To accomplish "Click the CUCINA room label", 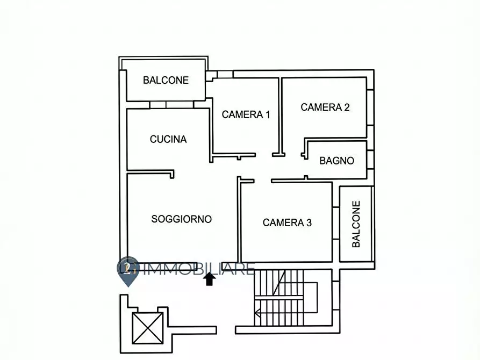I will (168, 139).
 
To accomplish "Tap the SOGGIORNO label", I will (181, 219).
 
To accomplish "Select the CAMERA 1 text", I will (246, 114).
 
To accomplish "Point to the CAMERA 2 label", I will (325, 107).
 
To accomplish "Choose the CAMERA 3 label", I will (287, 222).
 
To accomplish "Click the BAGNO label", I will (336, 160).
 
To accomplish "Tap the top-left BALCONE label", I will (166, 80).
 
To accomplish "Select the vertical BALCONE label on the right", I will (356, 224).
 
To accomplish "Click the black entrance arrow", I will (210, 279).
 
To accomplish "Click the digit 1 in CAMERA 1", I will (267, 114).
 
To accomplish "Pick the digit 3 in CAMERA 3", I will (309, 222).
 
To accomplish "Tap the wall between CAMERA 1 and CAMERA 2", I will (280, 116).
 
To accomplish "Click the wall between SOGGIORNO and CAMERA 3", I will (239, 220).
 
